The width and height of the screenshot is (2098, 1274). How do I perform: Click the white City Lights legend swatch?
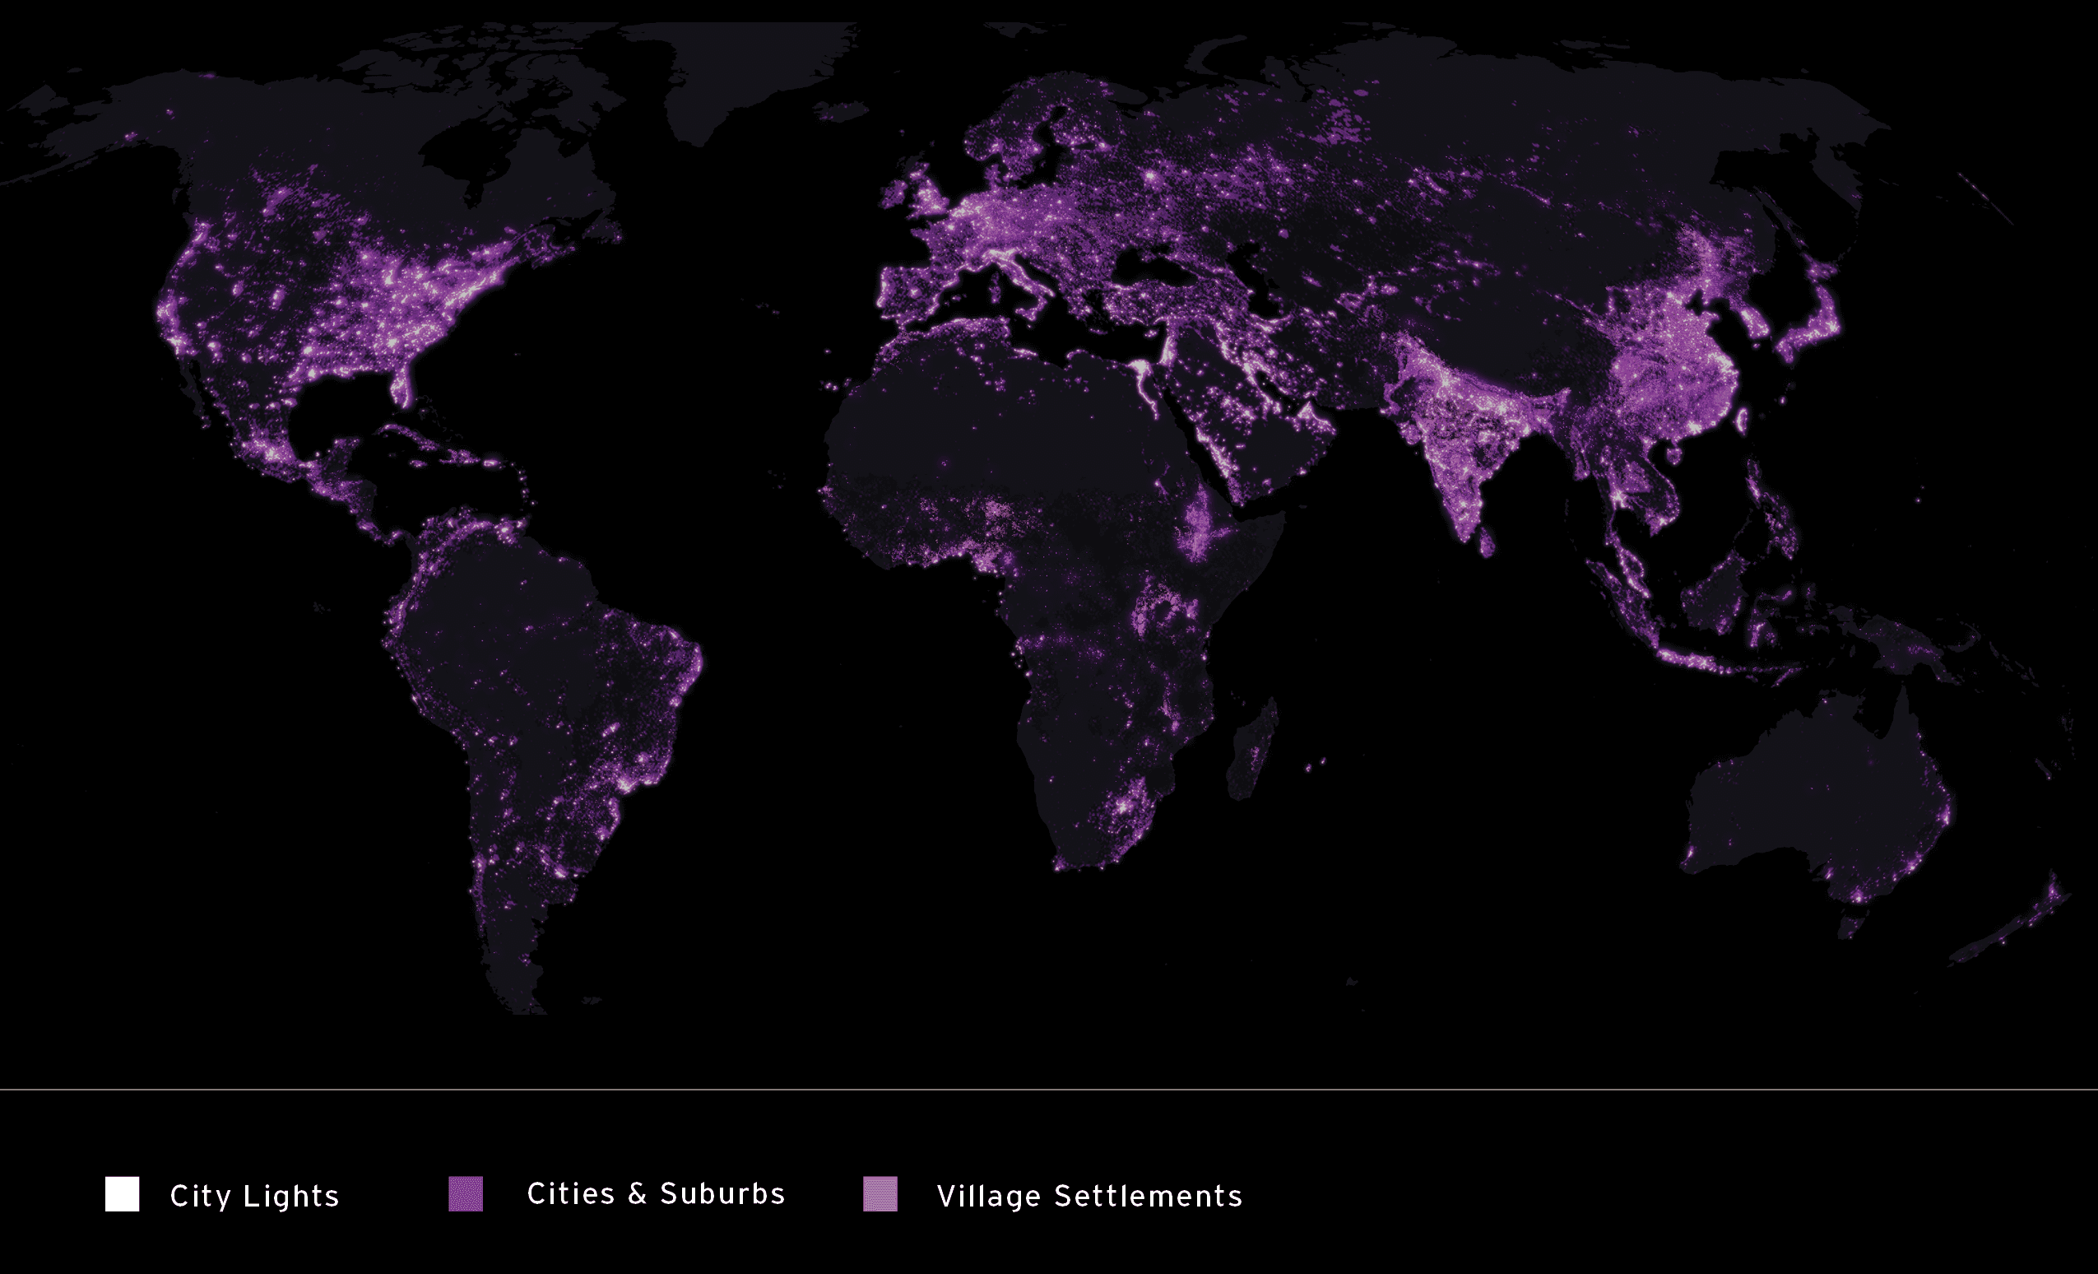(x=122, y=1194)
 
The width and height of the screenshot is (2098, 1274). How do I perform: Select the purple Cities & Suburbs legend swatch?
(x=466, y=1194)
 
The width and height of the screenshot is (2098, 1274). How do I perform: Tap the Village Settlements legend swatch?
(x=880, y=1194)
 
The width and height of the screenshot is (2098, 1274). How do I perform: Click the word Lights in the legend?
(x=291, y=1197)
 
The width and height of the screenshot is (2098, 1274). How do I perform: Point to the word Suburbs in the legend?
(x=722, y=1194)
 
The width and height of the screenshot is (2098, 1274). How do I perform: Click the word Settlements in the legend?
(x=1149, y=1197)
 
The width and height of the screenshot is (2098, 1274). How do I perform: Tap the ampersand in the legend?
(x=637, y=1194)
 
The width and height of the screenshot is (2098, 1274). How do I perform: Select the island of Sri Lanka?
(x=1487, y=542)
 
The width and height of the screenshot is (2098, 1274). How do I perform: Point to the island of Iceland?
(x=840, y=111)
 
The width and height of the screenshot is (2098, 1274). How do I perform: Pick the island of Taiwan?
(x=1742, y=420)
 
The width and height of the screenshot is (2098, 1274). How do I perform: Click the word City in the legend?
(x=200, y=1197)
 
